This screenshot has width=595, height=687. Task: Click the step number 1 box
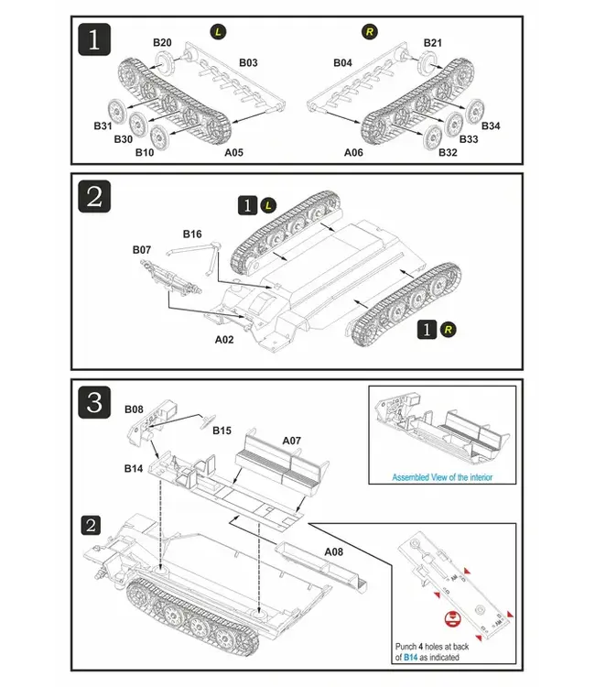point(95,41)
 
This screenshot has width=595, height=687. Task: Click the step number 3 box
point(95,402)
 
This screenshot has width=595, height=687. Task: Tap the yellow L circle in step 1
point(217,33)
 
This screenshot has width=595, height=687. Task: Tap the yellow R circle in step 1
point(369,33)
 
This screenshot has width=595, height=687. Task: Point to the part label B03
point(248,62)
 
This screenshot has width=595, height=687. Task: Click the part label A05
point(233,153)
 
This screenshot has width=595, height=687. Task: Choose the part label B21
point(433,43)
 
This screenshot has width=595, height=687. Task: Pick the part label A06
point(353,153)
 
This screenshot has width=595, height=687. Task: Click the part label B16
point(191,234)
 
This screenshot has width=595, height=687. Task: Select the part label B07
point(141,249)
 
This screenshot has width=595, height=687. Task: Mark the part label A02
point(224,338)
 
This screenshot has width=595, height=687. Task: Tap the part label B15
point(222,430)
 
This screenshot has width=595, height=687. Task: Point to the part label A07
point(291,441)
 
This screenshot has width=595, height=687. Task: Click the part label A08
point(334,552)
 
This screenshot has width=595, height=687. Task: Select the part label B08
point(134,409)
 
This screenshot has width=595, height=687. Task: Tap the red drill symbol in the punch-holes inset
point(450,618)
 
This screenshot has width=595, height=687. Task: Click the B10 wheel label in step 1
point(145,152)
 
